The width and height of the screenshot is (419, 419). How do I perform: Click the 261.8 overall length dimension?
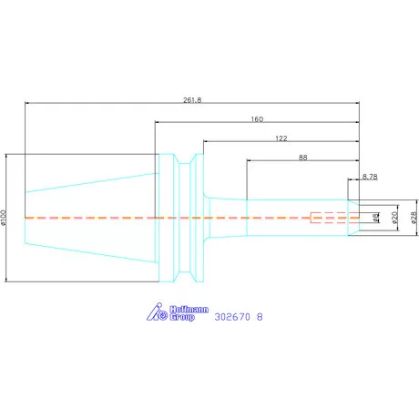[x=192, y=100]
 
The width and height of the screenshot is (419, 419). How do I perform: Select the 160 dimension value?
[x=257, y=119]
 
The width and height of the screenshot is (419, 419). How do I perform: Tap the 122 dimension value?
[x=281, y=138]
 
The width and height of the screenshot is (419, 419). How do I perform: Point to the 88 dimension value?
[x=302, y=158]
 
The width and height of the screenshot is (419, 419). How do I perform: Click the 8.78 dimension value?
[x=370, y=177]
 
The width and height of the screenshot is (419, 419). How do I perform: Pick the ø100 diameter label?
[x=4, y=218]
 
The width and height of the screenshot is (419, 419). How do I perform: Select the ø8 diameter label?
[x=375, y=218]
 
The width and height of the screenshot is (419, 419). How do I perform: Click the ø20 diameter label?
[x=394, y=218]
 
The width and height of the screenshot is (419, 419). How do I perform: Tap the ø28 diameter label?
[x=414, y=218]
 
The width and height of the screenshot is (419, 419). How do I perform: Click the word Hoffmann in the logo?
[x=189, y=310]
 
